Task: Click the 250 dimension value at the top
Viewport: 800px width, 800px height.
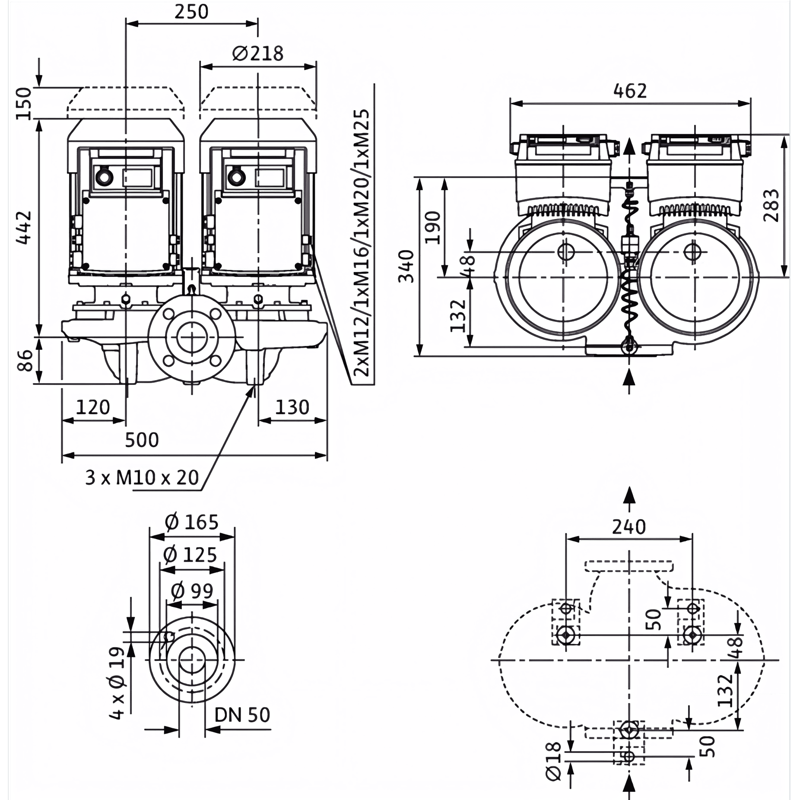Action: [191, 12]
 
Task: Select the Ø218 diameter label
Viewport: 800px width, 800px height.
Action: [258, 54]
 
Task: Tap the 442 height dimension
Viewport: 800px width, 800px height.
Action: [24, 227]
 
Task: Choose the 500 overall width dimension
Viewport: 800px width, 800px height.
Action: [142, 440]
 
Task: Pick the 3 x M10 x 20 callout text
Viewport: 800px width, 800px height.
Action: [142, 478]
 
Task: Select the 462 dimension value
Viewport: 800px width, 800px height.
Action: [630, 91]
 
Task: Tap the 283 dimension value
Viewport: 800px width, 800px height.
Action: [771, 205]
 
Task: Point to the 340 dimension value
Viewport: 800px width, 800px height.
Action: [406, 266]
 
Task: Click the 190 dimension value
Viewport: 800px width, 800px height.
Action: [432, 227]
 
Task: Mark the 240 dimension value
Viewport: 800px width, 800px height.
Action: [629, 527]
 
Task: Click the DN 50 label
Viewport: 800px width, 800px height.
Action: [242, 715]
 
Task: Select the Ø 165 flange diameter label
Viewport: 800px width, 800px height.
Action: [192, 523]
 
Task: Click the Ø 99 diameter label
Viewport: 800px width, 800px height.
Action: [192, 590]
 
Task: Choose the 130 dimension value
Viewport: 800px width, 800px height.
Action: [292, 407]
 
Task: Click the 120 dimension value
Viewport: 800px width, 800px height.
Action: [93, 407]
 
